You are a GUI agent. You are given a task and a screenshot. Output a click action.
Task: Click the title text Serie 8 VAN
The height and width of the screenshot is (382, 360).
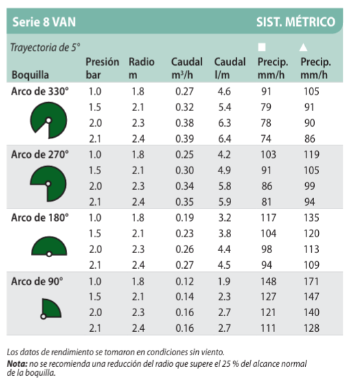tap(44, 22)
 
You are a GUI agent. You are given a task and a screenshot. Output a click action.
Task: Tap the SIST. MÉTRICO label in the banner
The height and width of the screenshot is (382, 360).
tap(296, 21)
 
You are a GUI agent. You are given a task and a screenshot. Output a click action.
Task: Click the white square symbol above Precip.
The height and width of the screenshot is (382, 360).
tap(262, 47)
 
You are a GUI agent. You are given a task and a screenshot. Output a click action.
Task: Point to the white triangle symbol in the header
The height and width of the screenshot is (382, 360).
tap(303, 47)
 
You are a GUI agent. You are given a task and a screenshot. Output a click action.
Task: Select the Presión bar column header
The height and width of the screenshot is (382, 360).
tap(102, 68)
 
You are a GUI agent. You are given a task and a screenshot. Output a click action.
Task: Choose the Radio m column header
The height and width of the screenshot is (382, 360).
tap(141, 68)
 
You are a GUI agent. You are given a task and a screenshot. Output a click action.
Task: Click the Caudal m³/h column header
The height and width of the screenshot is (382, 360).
tap(187, 68)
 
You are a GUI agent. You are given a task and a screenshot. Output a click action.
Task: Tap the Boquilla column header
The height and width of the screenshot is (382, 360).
tap(30, 75)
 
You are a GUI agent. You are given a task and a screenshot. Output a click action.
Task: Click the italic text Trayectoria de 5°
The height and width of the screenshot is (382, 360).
tap(45, 47)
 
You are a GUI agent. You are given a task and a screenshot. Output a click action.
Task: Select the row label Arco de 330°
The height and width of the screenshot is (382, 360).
tap(40, 91)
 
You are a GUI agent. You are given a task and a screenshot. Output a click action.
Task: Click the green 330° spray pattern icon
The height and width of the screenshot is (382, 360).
tap(49, 120)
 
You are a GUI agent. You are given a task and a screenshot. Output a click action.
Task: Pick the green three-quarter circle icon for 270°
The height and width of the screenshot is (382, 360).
tap(48, 184)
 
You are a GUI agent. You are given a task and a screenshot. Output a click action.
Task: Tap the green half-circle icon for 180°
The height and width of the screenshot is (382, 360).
tap(49, 246)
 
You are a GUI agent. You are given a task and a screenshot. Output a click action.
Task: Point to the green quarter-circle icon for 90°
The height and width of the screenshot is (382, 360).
tap(51, 309)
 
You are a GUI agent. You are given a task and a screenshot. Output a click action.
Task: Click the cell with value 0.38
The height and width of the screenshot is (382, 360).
tap(184, 123)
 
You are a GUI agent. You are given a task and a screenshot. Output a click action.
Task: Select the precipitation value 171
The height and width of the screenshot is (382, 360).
tap(311, 281)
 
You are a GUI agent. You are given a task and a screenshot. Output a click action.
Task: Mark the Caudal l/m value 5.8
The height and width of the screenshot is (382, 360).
tap(225, 186)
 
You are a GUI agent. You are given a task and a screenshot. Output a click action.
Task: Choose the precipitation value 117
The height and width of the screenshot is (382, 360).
tap(268, 218)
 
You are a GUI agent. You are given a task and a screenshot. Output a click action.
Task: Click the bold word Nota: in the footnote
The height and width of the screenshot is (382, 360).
tap(17, 363)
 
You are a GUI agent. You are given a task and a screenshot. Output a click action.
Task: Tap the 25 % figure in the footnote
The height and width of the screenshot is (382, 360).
tap(230, 363)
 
